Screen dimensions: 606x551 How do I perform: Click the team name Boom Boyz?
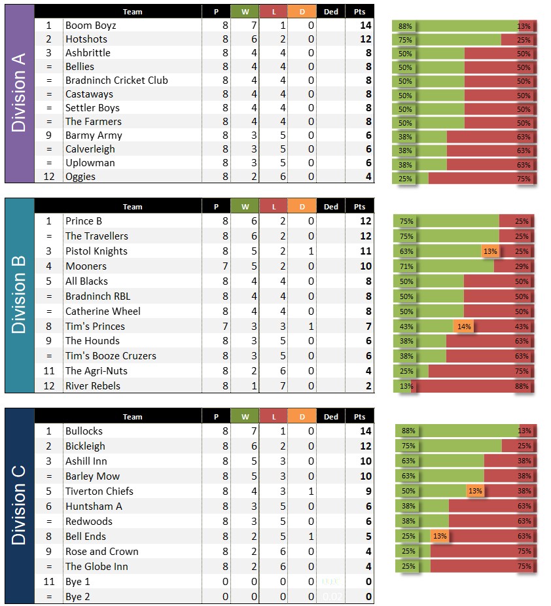point(91,26)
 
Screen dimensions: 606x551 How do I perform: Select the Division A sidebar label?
point(19,94)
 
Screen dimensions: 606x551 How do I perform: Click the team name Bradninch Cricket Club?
point(116,80)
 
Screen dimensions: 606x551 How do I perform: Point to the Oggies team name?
point(80,177)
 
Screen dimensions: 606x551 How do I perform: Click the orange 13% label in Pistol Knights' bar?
point(489,251)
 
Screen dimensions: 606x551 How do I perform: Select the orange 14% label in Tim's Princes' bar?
point(463,327)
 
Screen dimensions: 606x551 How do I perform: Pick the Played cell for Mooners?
point(225,266)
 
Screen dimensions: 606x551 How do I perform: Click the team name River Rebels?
point(93,386)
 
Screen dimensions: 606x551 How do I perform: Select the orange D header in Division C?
point(302,417)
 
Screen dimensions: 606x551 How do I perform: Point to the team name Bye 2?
point(78,597)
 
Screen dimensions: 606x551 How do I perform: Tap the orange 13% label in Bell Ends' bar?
point(440,537)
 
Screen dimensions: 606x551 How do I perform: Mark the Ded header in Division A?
point(331,12)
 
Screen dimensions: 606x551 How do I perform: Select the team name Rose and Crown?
point(101,552)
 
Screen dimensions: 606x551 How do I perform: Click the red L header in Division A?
point(274,12)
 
